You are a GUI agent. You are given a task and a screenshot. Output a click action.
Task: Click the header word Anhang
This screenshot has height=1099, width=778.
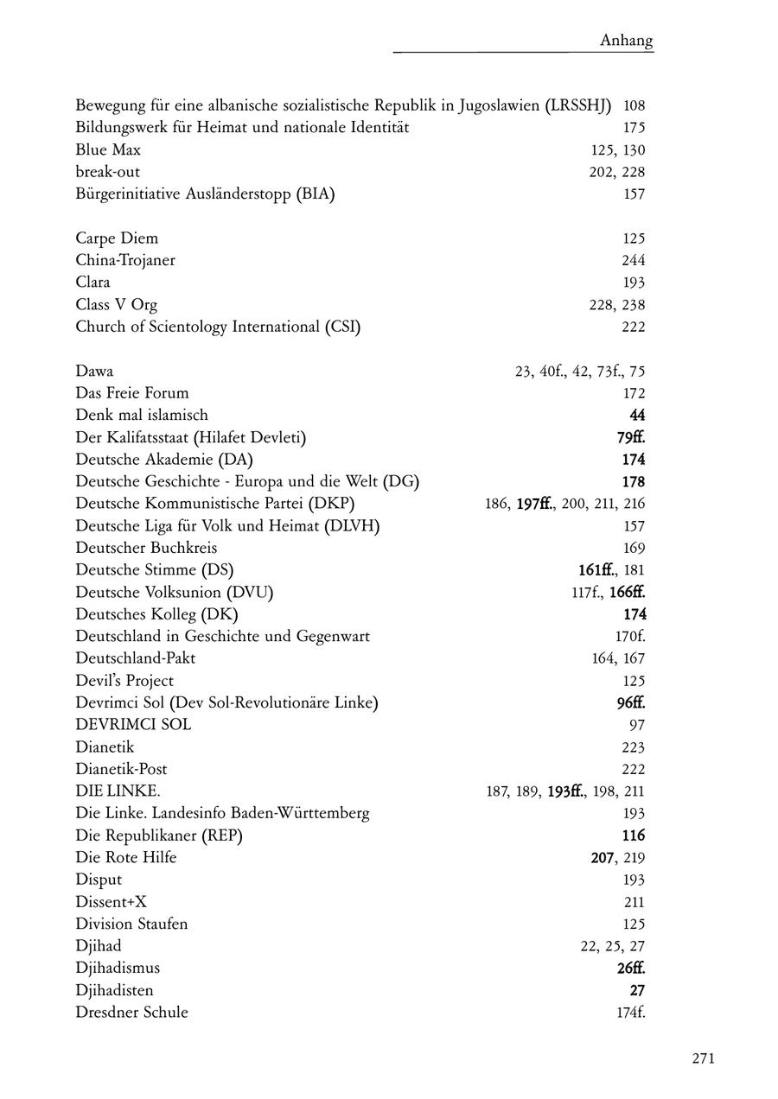627,41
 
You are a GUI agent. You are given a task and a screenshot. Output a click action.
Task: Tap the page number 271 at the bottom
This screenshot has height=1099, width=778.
703,1058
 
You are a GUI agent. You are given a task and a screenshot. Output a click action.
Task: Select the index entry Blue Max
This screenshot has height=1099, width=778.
108,149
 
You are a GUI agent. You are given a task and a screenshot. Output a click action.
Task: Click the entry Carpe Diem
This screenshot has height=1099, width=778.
117,238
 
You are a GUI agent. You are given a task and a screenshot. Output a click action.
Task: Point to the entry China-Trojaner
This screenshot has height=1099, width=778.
125,260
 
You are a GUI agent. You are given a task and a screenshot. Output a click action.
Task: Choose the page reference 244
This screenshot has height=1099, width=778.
633,260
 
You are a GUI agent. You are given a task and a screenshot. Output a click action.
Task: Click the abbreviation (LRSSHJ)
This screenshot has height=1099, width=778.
578,105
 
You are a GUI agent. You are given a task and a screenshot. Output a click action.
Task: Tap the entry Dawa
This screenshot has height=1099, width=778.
94,372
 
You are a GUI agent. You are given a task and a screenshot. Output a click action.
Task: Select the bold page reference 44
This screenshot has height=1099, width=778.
637,416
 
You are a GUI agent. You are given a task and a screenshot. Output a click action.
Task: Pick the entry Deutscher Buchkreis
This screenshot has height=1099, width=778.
146,548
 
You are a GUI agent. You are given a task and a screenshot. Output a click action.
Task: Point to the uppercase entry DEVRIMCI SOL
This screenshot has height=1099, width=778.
133,725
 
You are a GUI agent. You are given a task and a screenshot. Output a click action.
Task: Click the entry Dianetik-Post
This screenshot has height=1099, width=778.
121,769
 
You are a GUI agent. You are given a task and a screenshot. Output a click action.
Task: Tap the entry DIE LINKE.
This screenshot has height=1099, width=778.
118,791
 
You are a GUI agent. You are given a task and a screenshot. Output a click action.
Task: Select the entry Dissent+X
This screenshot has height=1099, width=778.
111,901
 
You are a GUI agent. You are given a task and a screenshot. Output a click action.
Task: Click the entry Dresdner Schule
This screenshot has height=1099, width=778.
131,1012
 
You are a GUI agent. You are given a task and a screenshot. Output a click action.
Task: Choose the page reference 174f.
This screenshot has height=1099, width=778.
631,1012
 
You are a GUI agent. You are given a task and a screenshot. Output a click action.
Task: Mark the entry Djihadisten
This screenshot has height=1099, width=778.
114,990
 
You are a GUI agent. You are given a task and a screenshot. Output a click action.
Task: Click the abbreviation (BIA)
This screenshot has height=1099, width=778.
316,194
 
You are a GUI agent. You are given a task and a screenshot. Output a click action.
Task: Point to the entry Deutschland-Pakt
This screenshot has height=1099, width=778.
136,658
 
